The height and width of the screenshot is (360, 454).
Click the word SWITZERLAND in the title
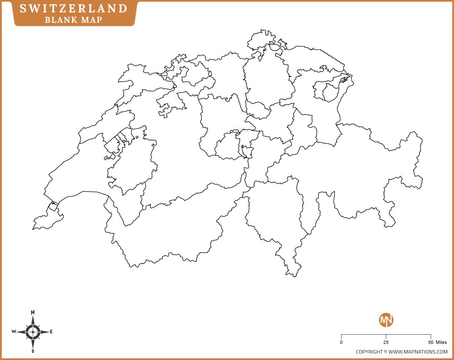coord(74,8)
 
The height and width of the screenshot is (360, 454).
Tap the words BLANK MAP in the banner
coord(74,20)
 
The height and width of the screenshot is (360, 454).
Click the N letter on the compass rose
coord(33,312)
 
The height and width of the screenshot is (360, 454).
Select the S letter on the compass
coord(33,351)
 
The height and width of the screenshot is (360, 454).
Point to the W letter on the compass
coord(14,332)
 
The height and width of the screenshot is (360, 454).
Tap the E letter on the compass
coord(51,332)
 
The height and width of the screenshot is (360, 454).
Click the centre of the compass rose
coord(33,332)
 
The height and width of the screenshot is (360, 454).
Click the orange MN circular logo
coord(386,320)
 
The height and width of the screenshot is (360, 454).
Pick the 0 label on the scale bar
coord(342,343)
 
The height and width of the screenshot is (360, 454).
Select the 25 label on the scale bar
coord(386,343)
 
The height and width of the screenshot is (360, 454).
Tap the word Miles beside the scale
coord(441,343)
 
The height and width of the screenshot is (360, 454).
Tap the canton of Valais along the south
coord(167,233)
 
